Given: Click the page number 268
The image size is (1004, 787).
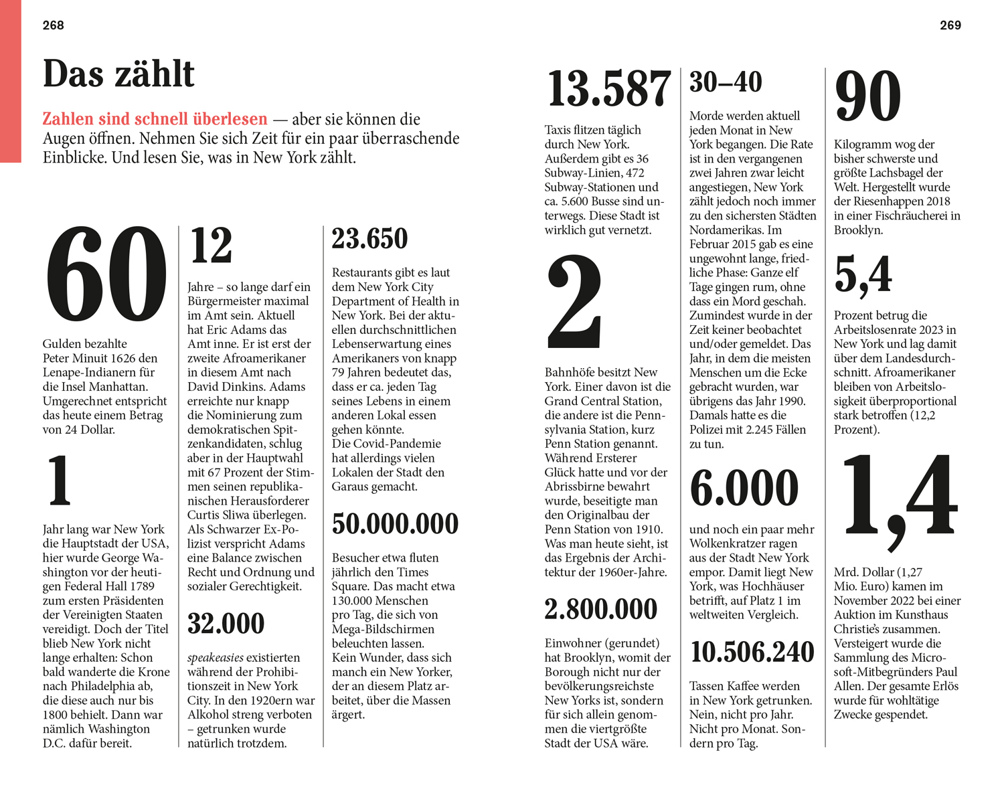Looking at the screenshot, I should (53, 25).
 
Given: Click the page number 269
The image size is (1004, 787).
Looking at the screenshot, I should (950, 25).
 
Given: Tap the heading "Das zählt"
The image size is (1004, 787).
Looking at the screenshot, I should (118, 74).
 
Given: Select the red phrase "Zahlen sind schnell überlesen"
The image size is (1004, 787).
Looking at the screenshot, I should (155, 119).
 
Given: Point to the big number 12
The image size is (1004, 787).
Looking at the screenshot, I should (211, 246).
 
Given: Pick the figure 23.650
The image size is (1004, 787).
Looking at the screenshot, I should (369, 239).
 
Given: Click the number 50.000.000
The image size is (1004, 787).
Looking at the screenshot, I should (395, 524).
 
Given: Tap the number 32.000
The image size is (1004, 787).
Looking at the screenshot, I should (226, 624).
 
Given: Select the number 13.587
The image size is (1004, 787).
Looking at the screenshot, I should (608, 89).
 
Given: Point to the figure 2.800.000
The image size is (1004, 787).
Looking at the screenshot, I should (600, 609).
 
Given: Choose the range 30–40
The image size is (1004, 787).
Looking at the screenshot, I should (726, 82).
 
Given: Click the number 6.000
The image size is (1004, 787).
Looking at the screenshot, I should (744, 488).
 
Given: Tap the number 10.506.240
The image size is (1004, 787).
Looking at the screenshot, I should (752, 652).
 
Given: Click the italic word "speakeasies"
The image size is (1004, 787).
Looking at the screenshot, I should (215, 658).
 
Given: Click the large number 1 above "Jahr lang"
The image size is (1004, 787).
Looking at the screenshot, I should (60, 480).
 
